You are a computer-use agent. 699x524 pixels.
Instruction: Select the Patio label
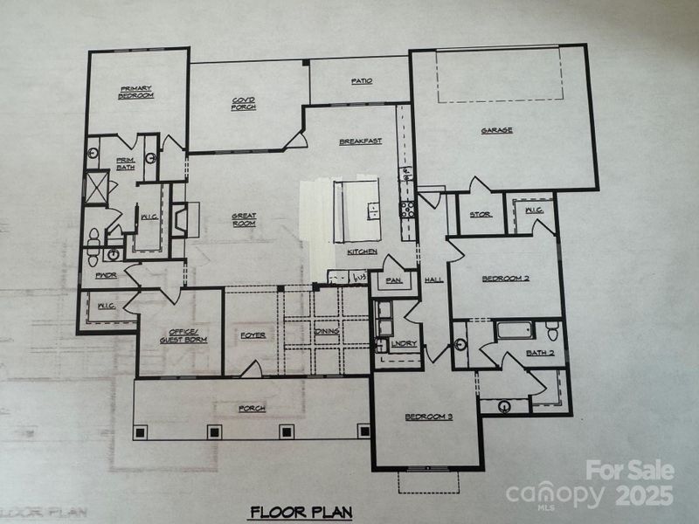click(x=362, y=81)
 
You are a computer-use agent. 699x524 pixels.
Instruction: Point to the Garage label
click(x=496, y=131)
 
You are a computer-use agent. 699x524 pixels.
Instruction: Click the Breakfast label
click(x=361, y=141)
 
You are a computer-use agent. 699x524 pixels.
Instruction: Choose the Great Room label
click(x=243, y=220)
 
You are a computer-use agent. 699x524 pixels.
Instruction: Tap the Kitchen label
click(x=363, y=252)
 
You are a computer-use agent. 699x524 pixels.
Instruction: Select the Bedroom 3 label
click(x=428, y=417)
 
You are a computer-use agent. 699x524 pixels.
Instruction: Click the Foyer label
click(x=253, y=335)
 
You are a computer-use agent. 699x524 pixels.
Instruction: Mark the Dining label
click(x=327, y=331)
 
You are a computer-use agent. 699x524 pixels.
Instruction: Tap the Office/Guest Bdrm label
click(x=183, y=335)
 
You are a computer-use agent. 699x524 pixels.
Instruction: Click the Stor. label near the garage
click(x=481, y=214)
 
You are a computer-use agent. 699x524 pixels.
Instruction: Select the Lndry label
click(x=405, y=344)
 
